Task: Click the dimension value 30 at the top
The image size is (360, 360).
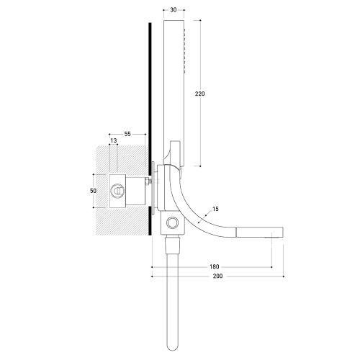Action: click(x=174, y=10)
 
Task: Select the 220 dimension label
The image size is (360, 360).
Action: click(x=199, y=94)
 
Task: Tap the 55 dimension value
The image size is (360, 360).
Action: click(x=127, y=134)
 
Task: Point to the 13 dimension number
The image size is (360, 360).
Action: click(x=114, y=140)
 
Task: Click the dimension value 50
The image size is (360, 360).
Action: click(x=93, y=191)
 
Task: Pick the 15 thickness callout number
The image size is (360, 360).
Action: click(x=215, y=209)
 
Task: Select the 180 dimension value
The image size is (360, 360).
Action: click(x=215, y=266)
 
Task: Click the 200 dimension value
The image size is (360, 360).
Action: click(x=217, y=276)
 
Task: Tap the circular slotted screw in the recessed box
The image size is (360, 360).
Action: click(x=117, y=191)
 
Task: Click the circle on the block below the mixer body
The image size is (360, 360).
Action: click(x=173, y=222)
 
